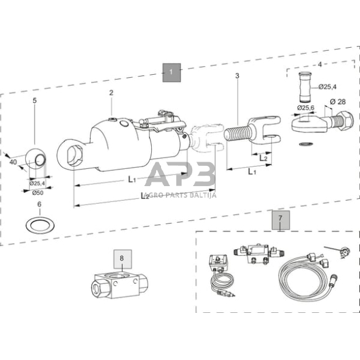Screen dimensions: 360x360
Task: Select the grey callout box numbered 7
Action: [x=280, y=217]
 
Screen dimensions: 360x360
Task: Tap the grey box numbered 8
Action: [x=121, y=258]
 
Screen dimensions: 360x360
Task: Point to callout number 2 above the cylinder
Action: [x=111, y=93]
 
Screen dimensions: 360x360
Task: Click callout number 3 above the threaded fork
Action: [x=237, y=76]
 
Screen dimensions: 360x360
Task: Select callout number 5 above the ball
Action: [x=34, y=100]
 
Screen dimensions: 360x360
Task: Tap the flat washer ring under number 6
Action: [x=39, y=222]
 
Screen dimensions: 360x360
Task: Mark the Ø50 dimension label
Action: [x=37, y=192]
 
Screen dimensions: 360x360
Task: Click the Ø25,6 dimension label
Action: [x=306, y=108]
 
